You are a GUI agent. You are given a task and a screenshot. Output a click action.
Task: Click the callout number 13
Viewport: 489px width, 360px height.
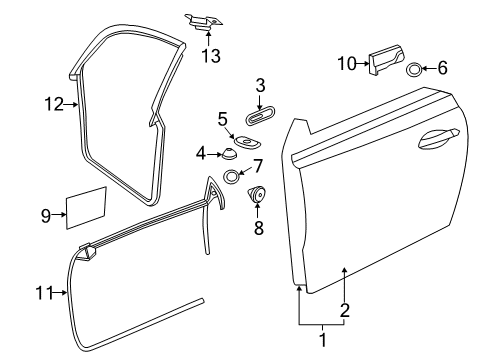[211, 56]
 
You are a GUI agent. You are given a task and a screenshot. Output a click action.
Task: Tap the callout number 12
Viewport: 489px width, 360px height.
[54, 104]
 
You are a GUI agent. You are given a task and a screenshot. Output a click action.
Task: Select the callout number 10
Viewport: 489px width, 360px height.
[347, 63]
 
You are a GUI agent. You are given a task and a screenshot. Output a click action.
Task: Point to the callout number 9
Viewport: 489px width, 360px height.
[46, 215]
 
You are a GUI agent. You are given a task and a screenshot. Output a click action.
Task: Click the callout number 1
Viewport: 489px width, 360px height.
[322, 340]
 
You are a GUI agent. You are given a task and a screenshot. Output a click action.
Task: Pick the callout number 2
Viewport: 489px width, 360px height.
[345, 310]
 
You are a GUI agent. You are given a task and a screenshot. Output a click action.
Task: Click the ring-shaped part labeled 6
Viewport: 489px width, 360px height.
[414, 69]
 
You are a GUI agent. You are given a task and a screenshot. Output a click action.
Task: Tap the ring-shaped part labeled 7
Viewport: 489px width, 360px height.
[231, 177]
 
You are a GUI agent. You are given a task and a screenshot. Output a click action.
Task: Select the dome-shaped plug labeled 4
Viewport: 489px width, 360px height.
[229, 153]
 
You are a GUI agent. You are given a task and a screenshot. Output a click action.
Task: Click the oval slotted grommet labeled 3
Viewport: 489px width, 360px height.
[260, 116]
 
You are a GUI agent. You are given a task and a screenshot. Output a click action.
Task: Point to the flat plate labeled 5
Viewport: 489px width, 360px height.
[247, 142]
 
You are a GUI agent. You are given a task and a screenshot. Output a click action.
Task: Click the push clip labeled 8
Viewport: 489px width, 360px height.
[256, 194]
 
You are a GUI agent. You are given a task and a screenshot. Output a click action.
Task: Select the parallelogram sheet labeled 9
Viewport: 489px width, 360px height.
[86, 208]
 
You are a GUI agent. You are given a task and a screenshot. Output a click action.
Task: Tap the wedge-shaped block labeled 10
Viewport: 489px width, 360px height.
[386, 60]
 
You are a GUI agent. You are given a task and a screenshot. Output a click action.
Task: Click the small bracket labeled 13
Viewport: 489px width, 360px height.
[203, 22]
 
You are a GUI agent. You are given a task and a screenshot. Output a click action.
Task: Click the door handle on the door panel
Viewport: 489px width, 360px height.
[438, 138]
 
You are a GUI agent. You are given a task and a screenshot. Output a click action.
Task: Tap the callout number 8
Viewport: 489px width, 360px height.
[259, 228]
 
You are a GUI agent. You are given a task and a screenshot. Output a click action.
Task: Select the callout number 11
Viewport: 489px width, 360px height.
[44, 293]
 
